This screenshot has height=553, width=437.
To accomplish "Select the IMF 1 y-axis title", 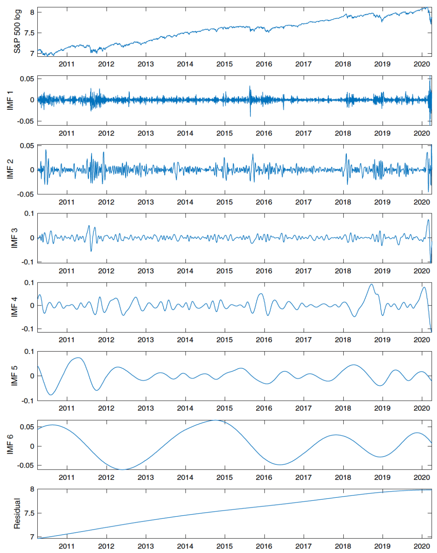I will coord(10,100).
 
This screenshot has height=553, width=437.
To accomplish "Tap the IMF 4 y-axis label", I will coord(15,307).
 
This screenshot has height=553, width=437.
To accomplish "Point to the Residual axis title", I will coord(17,513).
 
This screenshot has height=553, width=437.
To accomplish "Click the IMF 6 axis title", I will coord(10,444).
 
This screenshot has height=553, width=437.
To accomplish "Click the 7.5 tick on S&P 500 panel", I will coord(29,33).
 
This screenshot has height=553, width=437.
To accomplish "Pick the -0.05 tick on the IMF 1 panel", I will coord(25,121).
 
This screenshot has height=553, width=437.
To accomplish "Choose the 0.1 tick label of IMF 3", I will coord(29,213).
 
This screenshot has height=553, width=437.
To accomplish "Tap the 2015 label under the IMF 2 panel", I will coord(224,202).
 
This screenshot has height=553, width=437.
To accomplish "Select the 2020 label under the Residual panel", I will coord(422,546).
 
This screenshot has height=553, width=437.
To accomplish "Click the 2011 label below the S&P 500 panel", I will coord(67,64).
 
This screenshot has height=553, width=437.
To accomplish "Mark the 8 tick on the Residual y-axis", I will coord(32,489).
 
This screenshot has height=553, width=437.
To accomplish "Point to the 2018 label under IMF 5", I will coord(343,408).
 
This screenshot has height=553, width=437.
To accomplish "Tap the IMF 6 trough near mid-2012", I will coord(123,469).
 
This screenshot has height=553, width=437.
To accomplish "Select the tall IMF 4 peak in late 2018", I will coord(371,284).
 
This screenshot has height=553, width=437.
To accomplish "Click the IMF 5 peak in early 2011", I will coord(78,358).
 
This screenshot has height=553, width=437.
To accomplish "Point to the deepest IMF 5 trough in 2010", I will coord(51,394).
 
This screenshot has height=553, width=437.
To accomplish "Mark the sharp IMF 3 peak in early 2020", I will coord(428,220).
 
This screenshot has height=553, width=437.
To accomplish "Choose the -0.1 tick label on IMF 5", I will coord(28,400).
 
